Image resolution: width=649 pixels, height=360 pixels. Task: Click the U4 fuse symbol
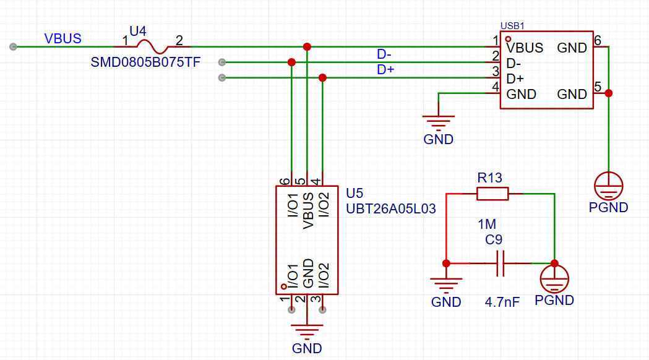pyautogui.click(x=153, y=46)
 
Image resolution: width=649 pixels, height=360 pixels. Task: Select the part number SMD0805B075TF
pyautogui.click(x=145, y=62)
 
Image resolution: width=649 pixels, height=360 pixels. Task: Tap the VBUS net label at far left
pyautogui.click(x=62, y=38)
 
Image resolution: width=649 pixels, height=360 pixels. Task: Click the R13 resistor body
pyautogui.click(x=492, y=194)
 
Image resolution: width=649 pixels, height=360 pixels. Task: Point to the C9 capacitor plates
pyautogui.click(x=501, y=264)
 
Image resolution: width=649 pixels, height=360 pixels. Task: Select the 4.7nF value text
pyautogui.click(x=502, y=302)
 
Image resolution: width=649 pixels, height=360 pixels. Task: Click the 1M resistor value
pyautogui.click(x=487, y=224)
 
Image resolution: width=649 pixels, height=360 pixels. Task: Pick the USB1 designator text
pyautogui.click(x=512, y=27)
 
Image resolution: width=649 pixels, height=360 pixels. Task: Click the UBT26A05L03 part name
pyautogui.click(x=391, y=209)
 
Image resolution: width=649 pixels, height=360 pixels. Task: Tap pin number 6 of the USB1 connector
pyautogui.click(x=598, y=41)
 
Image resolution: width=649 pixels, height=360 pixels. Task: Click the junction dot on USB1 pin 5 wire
pyautogui.click(x=609, y=93)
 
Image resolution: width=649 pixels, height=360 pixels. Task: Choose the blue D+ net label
pyautogui.click(x=386, y=70)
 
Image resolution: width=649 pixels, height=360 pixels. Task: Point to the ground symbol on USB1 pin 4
pyautogui.click(x=438, y=121)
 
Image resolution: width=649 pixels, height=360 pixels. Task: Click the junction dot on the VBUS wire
pyautogui.click(x=307, y=47)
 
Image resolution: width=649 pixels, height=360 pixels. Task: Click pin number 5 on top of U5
pyautogui.click(x=299, y=181)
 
